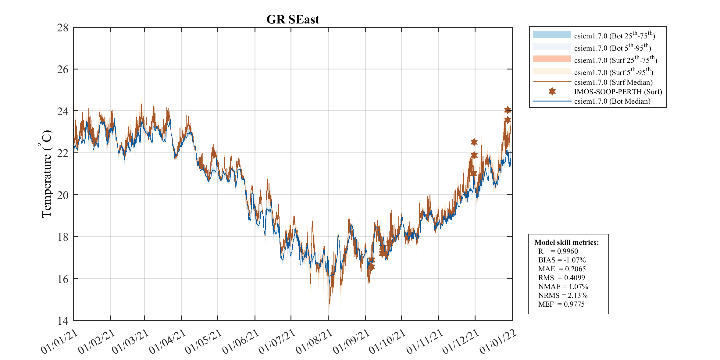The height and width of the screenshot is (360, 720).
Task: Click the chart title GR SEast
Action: pos(293,20)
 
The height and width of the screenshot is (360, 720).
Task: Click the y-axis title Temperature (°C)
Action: pos(46,174)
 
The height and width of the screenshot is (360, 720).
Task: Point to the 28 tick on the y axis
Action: pos(62,28)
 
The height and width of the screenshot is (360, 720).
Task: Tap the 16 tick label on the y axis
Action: pos(62,279)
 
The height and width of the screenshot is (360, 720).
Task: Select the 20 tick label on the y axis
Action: pos(62,195)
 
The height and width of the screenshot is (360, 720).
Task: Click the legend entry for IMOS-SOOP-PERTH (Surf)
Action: pos(618,92)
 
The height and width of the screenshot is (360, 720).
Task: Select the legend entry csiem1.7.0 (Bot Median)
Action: pos(612,101)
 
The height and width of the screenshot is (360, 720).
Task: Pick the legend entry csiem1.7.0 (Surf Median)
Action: pos(613,82)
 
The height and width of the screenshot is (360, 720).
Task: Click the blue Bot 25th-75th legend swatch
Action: pos(552,34)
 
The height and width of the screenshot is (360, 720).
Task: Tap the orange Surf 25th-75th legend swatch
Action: pos(552,59)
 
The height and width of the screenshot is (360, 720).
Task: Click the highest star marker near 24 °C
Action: pos(508,110)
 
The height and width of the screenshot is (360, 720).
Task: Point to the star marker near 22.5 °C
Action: pos(474,142)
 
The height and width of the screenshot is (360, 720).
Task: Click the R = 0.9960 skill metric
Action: pos(558,251)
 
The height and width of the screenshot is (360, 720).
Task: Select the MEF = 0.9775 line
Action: pos(561,304)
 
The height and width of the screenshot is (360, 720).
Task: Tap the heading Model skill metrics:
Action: pos(566,242)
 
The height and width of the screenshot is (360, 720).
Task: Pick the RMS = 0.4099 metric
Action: pos(561,278)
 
